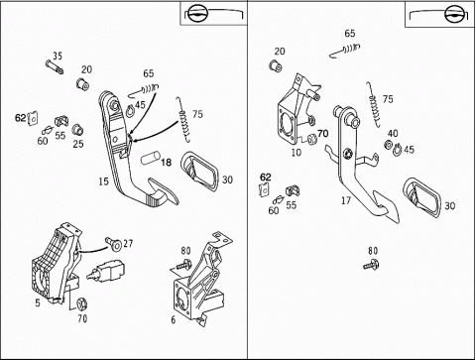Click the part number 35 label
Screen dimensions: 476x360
pos(58,56)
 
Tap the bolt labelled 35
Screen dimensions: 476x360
pos(55,67)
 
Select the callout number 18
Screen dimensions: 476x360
pos(167,163)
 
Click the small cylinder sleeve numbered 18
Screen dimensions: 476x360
pos(151,158)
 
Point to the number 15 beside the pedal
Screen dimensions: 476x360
pos(103,181)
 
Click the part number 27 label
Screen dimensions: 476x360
pos(128,244)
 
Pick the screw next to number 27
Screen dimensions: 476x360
pos(113,244)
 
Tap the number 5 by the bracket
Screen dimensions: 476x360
pos(38,302)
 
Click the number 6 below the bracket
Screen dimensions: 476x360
pos(174,320)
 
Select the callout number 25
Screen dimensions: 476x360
pos(78,144)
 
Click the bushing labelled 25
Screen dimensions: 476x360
pos(77,130)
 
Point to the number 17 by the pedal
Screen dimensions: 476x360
pos(346,200)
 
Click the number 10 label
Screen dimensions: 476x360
pos(297,153)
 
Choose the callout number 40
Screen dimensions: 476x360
pos(393,134)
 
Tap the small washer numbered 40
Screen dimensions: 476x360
pos(388,145)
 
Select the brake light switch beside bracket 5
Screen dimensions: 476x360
pos(105,271)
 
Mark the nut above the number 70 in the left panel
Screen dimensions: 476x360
pos(81,304)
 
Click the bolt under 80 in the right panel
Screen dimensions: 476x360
pos(372,265)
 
